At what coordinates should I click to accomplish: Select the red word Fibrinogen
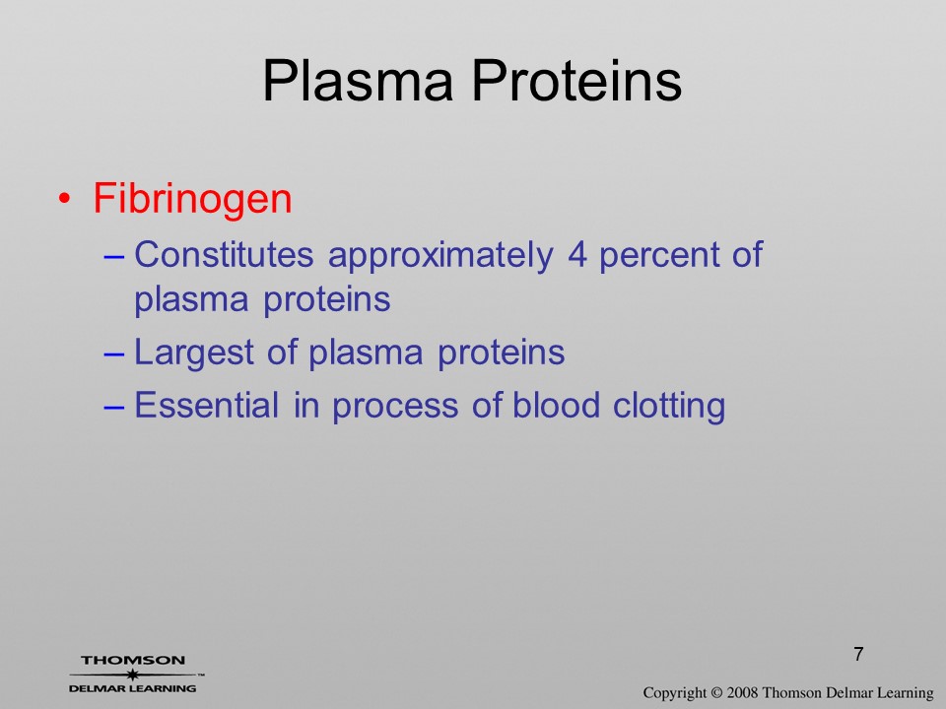click(192, 199)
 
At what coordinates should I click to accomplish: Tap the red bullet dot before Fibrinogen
click(65, 198)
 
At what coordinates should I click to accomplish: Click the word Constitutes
click(224, 254)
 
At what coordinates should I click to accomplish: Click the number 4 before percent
click(576, 254)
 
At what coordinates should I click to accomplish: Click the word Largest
click(194, 354)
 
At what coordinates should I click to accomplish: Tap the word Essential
click(206, 404)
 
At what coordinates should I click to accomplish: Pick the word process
click(395, 407)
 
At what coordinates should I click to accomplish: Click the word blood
click(556, 404)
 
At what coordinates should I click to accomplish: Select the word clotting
click(669, 406)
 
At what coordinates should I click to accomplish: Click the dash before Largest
click(114, 355)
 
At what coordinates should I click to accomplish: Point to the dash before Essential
click(114, 407)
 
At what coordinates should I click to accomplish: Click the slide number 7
click(858, 654)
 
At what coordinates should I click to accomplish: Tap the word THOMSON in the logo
click(133, 660)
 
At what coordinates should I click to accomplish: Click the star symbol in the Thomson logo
click(132, 675)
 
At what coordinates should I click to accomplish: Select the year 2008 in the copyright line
click(743, 692)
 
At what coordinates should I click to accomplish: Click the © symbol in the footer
click(716, 692)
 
